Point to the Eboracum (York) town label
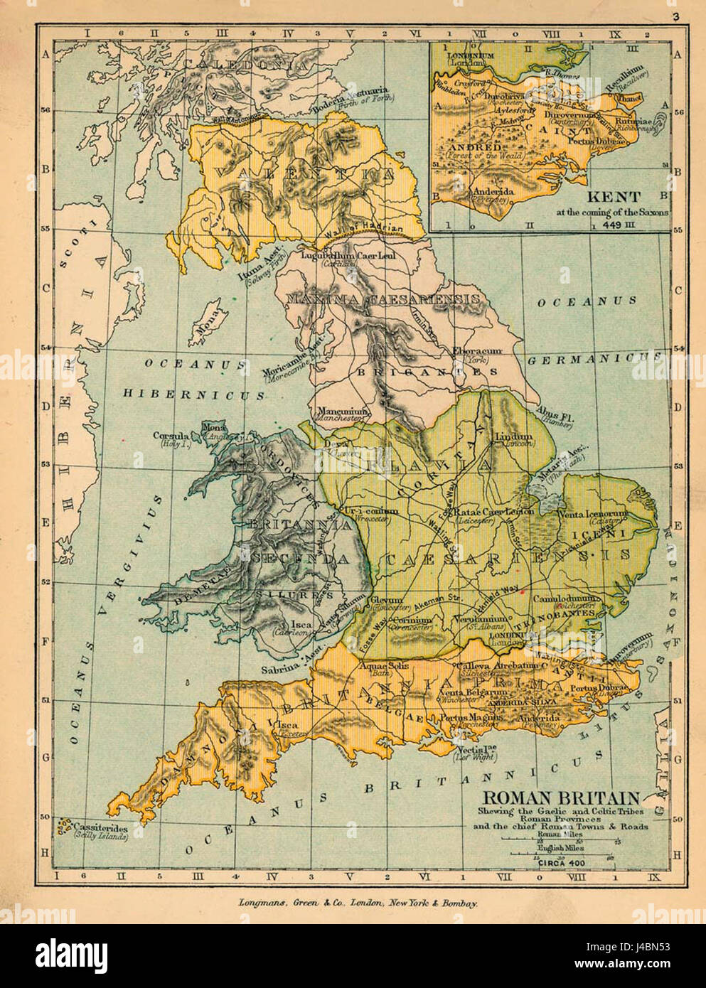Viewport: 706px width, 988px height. pyautogui.click(x=478, y=355)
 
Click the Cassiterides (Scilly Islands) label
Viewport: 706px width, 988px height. pyautogui.click(x=100, y=832)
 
